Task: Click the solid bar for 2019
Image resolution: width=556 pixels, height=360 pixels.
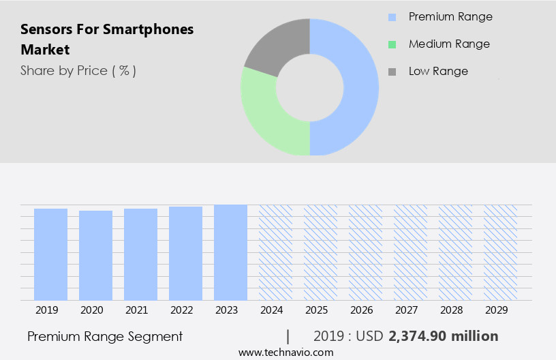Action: [x=50, y=254]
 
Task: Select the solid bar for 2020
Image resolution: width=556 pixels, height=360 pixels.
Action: [x=95, y=255]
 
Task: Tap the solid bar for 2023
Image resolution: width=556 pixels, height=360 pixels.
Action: [x=230, y=252]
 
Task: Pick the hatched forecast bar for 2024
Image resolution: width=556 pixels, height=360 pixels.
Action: [x=275, y=252]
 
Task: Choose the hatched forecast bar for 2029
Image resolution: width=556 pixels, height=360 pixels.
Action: [x=500, y=252]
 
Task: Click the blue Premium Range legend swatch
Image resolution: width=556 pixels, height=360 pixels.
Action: [x=391, y=17]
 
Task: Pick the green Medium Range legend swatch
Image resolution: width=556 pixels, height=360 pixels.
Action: [x=391, y=44]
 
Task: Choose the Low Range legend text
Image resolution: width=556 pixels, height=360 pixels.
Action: [x=438, y=71]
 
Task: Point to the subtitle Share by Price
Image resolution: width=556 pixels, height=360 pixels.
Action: [x=78, y=70]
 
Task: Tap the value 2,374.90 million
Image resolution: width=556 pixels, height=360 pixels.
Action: [x=443, y=336]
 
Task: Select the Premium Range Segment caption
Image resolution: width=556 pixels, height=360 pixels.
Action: [x=105, y=336]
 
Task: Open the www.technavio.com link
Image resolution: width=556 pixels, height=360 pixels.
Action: [x=285, y=352]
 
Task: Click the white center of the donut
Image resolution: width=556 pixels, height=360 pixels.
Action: [x=310, y=87]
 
